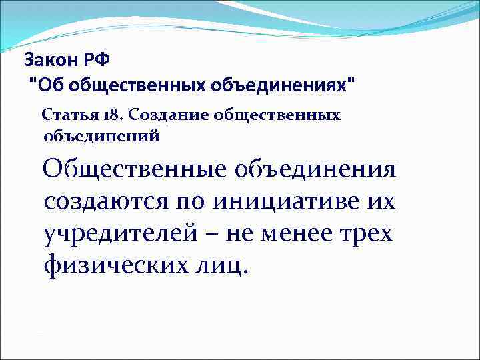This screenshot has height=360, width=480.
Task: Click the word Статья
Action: click(67, 115)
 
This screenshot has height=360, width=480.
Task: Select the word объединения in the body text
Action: click(316, 169)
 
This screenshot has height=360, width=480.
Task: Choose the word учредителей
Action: click(122, 233)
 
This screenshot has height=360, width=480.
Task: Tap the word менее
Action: click(304, 233)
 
